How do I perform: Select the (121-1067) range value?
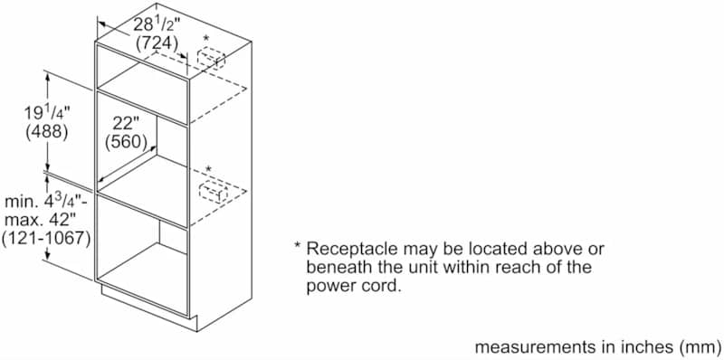46,238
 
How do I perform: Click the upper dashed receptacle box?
211,61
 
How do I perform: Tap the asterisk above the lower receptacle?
208,170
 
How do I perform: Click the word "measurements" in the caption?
529,346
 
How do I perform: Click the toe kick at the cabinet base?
145,298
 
